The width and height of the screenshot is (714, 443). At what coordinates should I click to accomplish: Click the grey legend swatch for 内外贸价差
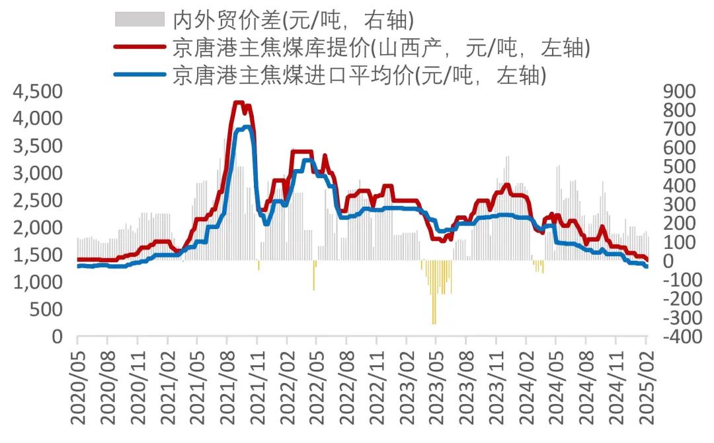pyautogui.click(x=139, y=20)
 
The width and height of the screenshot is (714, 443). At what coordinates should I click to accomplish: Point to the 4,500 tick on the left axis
pyautogui.click(x=38, y=92)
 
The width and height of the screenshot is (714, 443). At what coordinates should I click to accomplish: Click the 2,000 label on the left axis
pyautogui.click(x=38, y=228)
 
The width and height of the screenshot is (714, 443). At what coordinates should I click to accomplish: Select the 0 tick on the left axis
pyautogui.click(x=57, y=337)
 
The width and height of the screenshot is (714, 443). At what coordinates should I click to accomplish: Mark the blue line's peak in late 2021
pyautogui.click(x=246, y=127)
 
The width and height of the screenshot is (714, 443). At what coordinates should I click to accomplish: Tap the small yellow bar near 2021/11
pyautogui.click(x=258, y=265)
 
